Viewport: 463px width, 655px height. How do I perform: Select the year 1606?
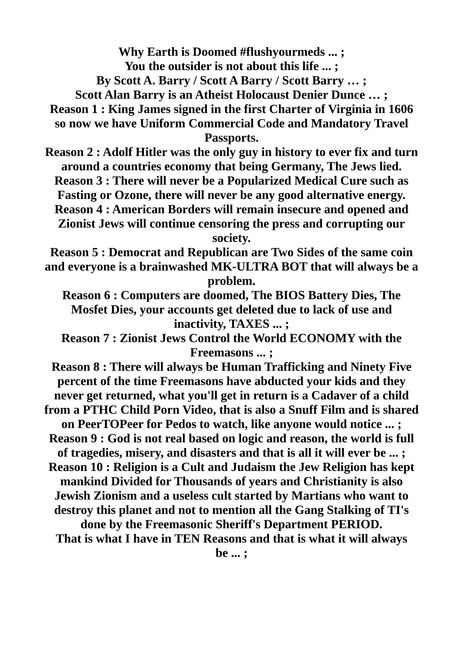point(401,109)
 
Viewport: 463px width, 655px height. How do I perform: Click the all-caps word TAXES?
point(249,324)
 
